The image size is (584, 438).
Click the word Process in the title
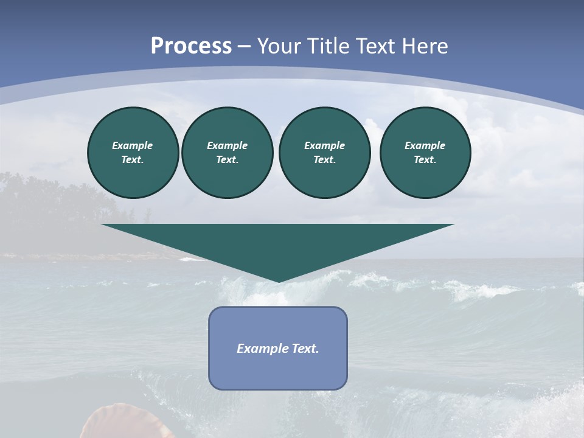[x=191, y=46]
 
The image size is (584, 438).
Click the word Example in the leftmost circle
[x=133, y=145]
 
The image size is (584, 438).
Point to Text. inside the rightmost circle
[x=425, y=159]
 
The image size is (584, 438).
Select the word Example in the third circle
[x=324, y=145]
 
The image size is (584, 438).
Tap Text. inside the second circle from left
[x=227, y=159]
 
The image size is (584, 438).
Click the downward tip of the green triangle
[x=279, y=280]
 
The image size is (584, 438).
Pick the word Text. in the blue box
[x=305, y=349]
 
